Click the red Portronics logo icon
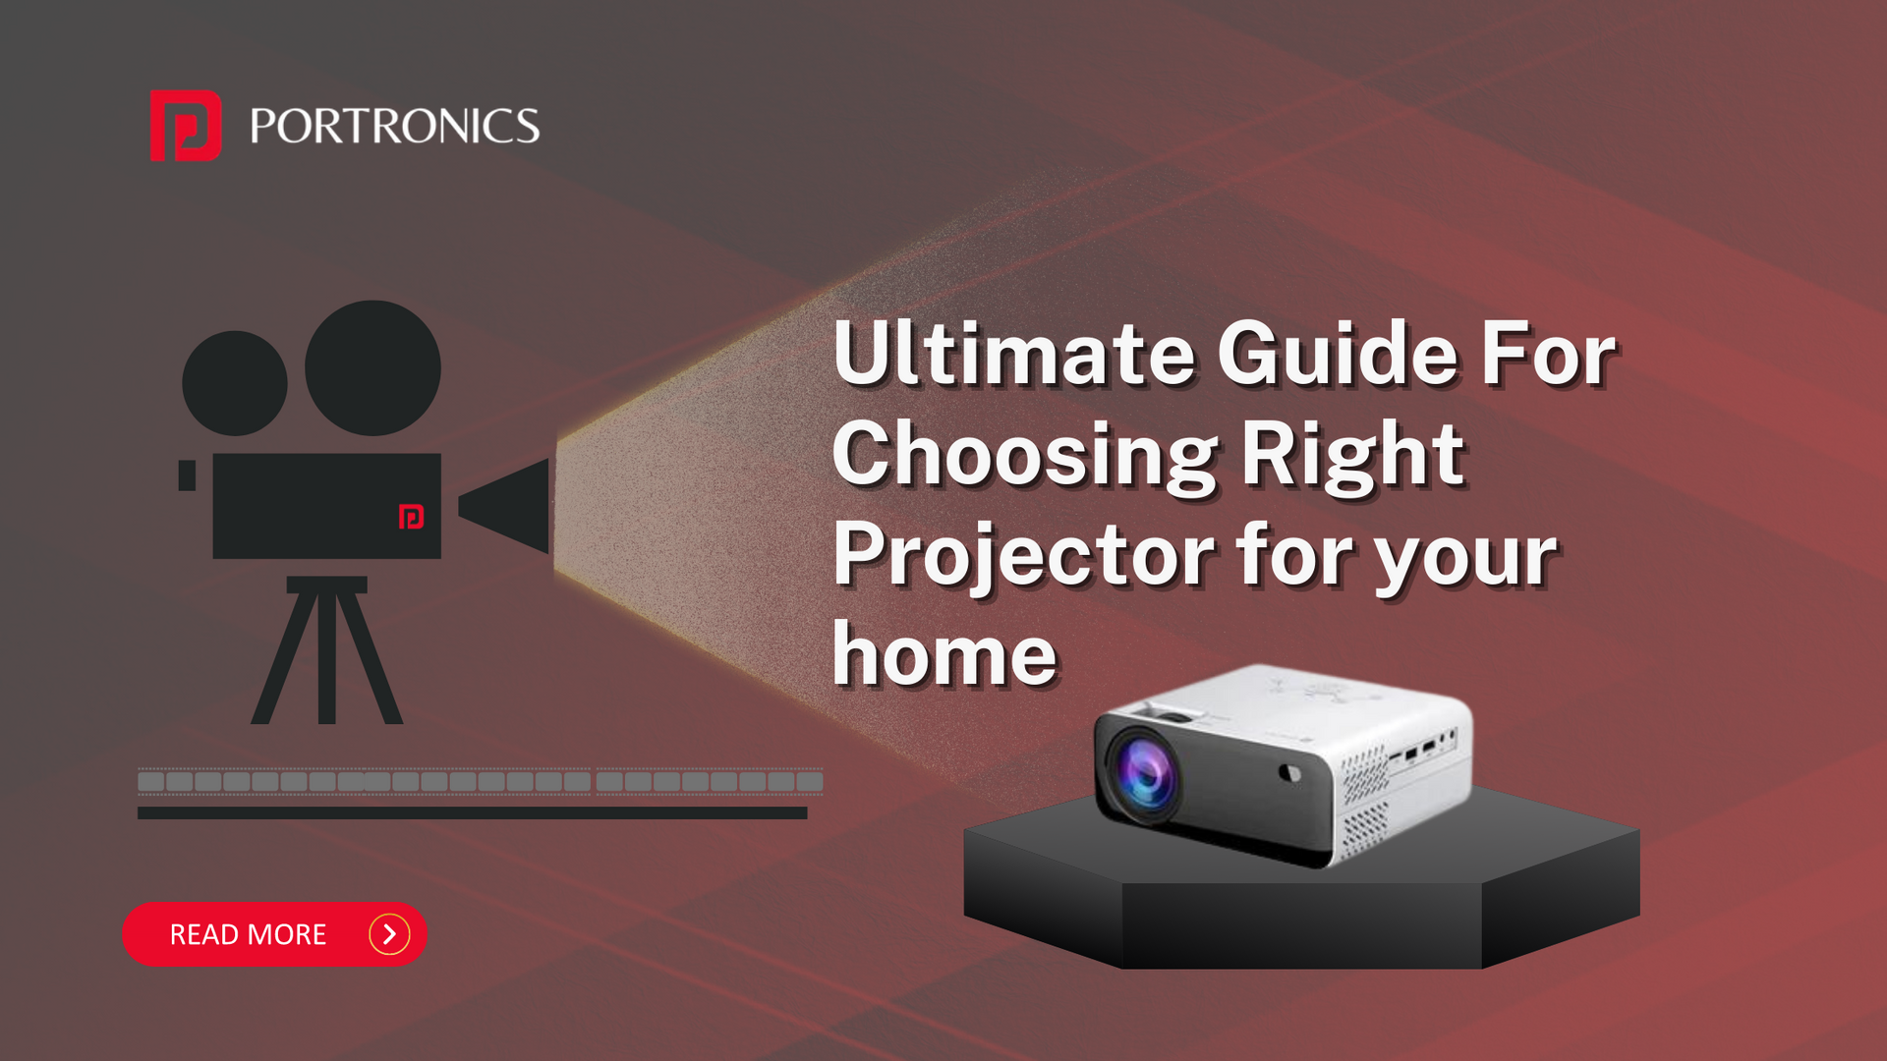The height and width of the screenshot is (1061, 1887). (x=186, y=125)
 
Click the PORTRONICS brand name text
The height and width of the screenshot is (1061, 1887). (x=395, y=127)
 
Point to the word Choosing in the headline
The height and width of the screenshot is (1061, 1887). (x=1025, y=457)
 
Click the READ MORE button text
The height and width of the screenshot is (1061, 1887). (x=248, y=934)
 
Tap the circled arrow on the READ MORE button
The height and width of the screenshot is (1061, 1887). (x=389, y=934)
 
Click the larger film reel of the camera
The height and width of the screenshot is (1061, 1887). (x=372, y=368)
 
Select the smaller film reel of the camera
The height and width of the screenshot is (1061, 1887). (x=235, y=383)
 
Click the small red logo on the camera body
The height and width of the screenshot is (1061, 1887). (x=411, y=517)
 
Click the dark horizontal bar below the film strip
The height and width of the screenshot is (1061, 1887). (x=472, y=813)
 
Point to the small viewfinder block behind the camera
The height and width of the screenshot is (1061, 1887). (x=187, y=475)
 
